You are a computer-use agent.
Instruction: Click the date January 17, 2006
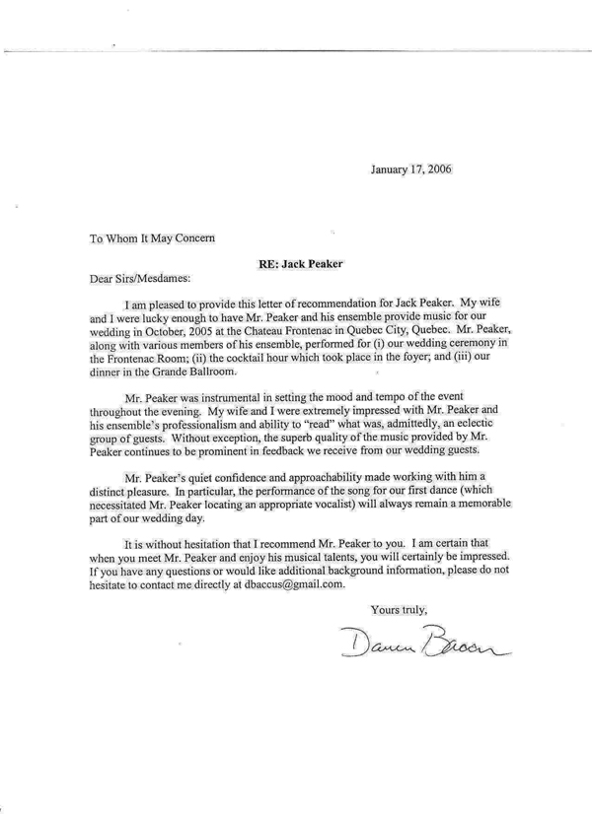411,169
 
